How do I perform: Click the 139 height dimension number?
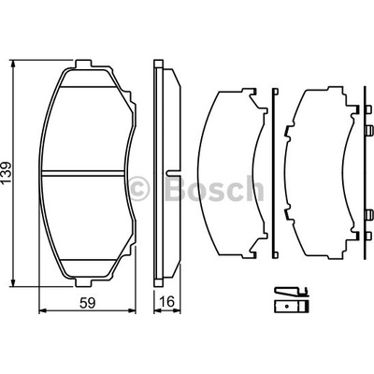click(x=7, y=172)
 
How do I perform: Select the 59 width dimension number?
click(x=87, y=303)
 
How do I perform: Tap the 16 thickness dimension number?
click(x=167, y=302)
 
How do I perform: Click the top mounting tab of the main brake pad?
click(x=83, y=63)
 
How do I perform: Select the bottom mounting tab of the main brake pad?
click(x=83, y=282)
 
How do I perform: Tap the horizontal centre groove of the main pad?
click(x=83, y=173)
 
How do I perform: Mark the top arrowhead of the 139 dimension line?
click(x=13, y=64)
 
